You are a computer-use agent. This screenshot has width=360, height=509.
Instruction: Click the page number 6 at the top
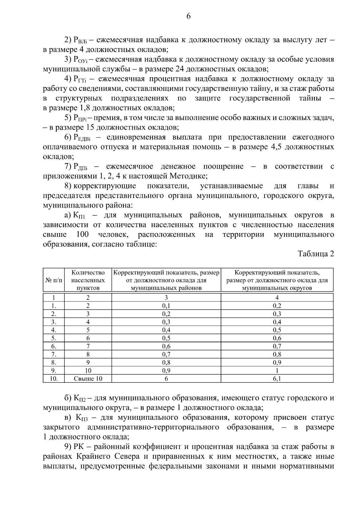point(188,16)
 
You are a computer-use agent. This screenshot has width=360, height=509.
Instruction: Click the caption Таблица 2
point(316,254)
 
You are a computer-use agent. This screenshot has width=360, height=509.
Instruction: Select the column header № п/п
point(54,280)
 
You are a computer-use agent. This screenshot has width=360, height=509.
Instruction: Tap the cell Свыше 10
point(88,379)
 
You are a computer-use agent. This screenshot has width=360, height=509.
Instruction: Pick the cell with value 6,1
point(277,379)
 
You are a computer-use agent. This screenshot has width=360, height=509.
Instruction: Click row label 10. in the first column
point(54,379)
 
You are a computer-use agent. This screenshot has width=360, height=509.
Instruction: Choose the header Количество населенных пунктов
point(88,280)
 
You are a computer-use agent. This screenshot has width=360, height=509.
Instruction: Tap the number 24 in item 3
point(178,69)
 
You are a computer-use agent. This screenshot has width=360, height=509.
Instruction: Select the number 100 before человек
point(82,235)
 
